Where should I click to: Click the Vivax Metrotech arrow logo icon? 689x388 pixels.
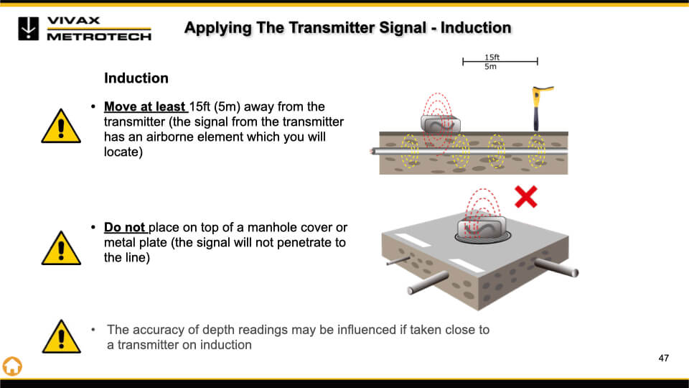pos(28,29)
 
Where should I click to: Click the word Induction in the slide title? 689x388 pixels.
pos(476,28)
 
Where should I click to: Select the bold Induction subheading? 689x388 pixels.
pos(136,78)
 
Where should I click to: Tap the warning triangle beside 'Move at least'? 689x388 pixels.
pos(61,126)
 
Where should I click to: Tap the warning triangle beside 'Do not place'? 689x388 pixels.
pos(61,248)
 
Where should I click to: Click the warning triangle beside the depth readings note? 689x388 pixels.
pos(61,336)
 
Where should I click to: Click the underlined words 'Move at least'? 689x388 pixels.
pos(144,107)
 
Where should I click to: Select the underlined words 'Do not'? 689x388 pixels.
pos(124,228)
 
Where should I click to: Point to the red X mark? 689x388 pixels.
pos(526,197)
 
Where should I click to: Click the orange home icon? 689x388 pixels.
pos(12,366)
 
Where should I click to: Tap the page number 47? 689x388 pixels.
pos(663,358)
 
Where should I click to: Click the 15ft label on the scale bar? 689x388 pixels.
pos(492,57)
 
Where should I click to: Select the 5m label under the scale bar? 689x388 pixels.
pos(490,66)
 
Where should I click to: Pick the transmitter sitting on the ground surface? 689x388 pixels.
pos(441,124)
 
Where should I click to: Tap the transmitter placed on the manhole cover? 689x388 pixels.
pos(482,228)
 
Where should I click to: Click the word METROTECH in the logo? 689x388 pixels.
pos(99,37)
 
